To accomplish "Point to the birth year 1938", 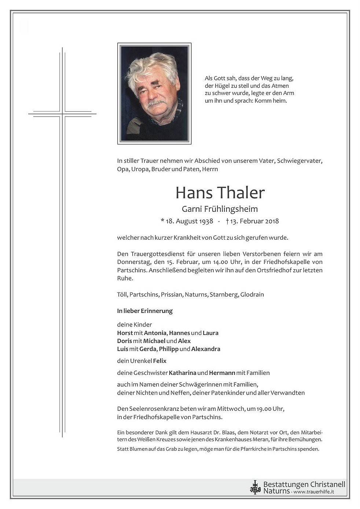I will pos(206,221).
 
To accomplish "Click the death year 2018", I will pos(272,221).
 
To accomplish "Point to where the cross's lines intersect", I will pos(62,114).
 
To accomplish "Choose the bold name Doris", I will pos(124,341).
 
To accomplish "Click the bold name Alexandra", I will pos(206,349).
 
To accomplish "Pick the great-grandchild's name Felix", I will pos(160,361).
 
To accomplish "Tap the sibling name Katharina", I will pos(183,373).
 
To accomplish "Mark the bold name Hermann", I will pos(222,373).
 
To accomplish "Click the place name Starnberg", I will pos(223,295).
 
